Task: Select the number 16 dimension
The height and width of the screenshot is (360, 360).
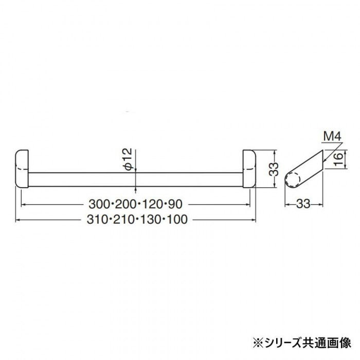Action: [x=337, y=160]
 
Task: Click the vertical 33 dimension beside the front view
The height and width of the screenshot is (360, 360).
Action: [x=275, y=168]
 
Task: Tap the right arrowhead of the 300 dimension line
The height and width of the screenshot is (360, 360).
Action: [x=249, y=204]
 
